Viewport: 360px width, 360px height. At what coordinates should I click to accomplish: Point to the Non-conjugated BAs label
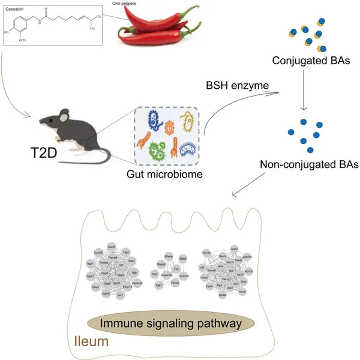pos(306,163)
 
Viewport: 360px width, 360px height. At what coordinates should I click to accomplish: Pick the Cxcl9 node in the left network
pos(112,247)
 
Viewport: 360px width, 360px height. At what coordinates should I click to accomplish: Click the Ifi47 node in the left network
pos(120,295)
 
